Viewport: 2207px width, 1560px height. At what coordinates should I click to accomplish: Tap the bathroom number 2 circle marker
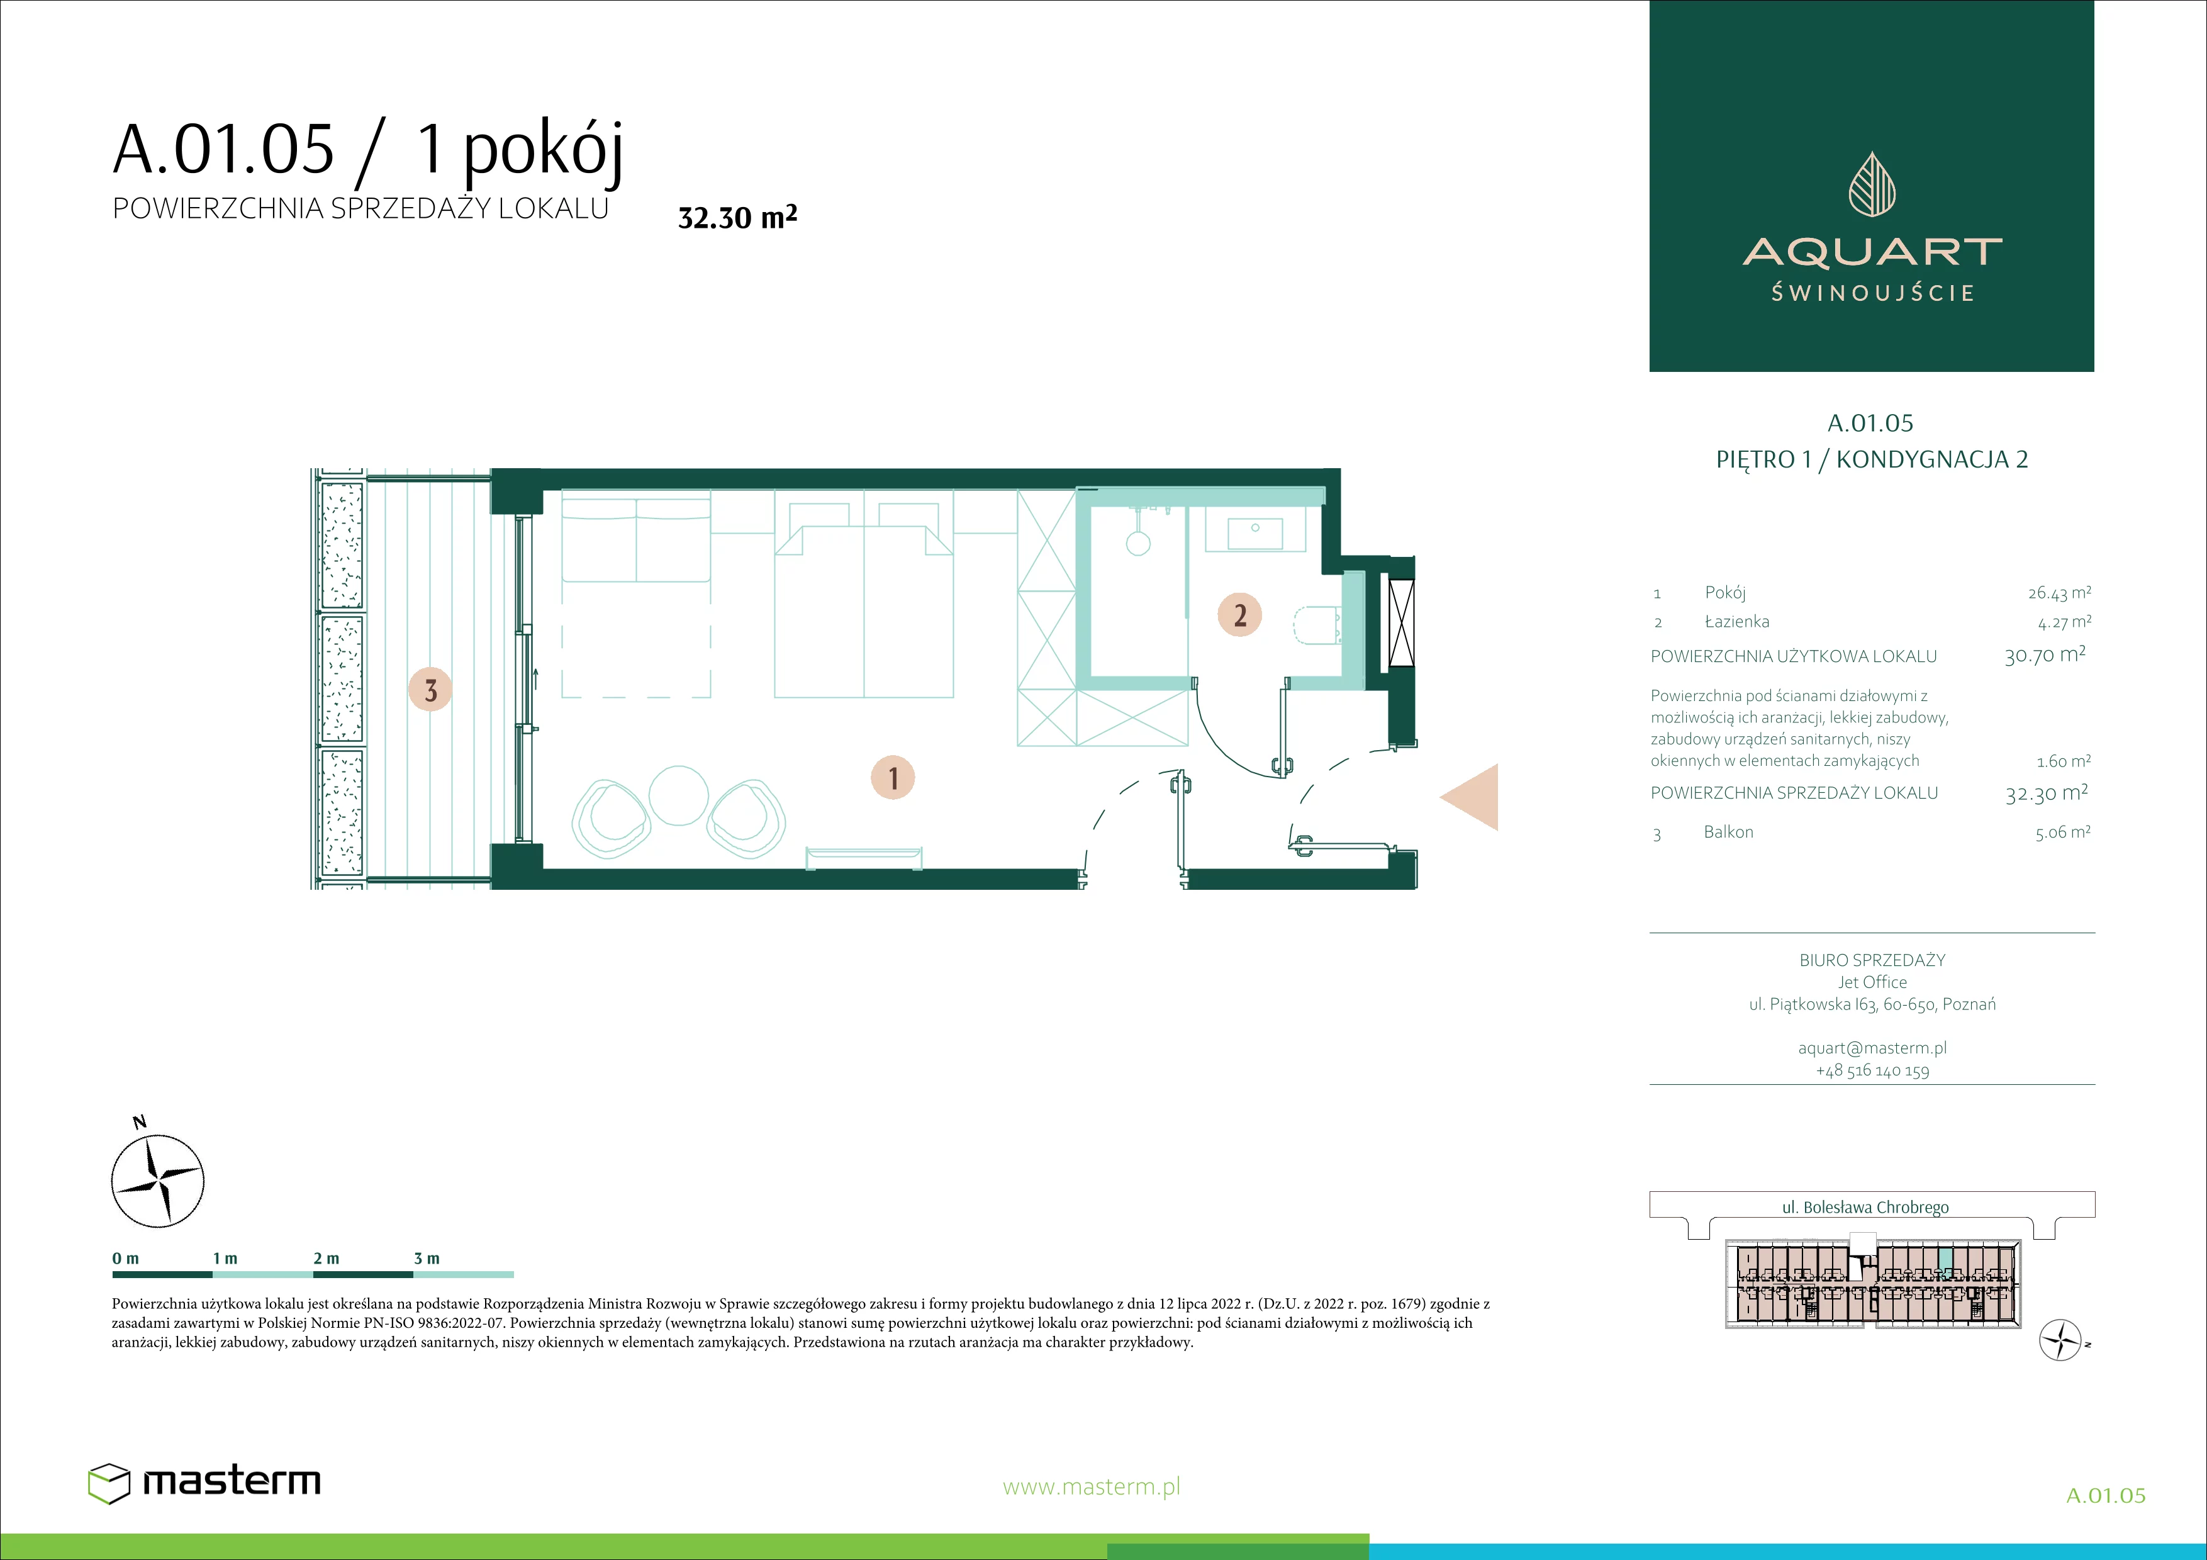click(x=1240, y=614)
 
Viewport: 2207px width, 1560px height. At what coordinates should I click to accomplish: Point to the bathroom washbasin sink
click(x=1254, y=532)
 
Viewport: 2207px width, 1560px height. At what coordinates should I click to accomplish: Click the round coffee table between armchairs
click(x=679, y=795)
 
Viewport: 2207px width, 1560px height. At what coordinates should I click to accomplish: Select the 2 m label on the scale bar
click(x=326, y=1258)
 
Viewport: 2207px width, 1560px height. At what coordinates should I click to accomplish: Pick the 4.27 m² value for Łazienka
click(x=2064, y=622)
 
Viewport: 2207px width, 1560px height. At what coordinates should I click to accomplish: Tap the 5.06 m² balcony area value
click(x=2062, y=833)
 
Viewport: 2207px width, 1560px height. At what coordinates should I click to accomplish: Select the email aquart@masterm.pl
click(x=1872, y=1048)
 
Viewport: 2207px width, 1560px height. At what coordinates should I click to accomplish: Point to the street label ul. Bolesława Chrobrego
click(x=1866, y=1207)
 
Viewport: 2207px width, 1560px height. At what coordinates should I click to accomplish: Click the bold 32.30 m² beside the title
click(x=737, y=217)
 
